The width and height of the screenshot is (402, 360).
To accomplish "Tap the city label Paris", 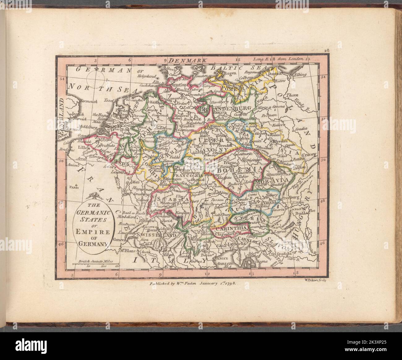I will pos(74,187).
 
